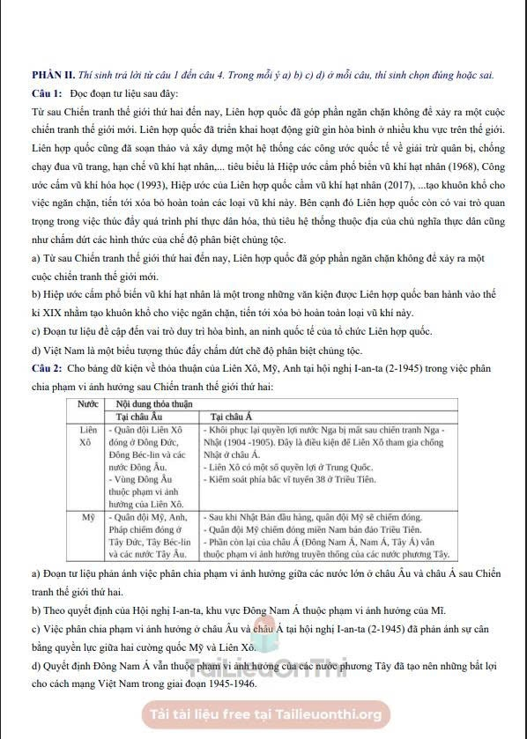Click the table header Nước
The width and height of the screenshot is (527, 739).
87,402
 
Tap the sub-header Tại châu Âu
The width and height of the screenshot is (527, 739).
141,415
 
